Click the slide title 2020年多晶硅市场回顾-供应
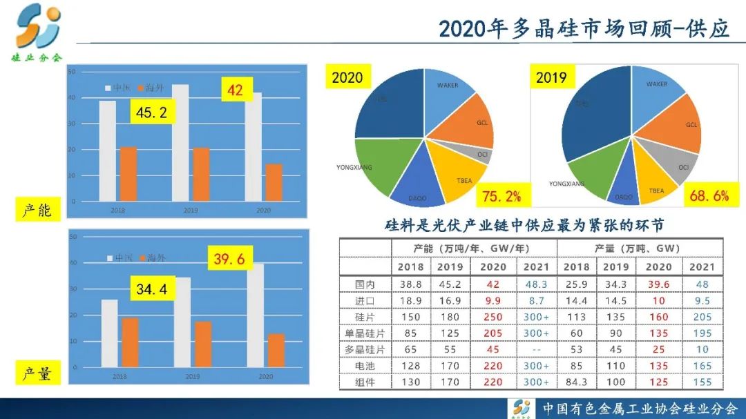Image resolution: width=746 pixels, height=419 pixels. [x=584, y=28]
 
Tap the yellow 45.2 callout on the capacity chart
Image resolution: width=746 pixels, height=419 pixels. [x=152, y=113]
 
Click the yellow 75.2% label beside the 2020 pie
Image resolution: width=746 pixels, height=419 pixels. [x=501, y=196]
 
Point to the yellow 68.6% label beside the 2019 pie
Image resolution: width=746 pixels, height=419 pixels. [x=709, y=195]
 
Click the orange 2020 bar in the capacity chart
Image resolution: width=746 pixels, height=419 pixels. [x=274, y=182]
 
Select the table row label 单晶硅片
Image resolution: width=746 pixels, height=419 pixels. [x=365, y=333]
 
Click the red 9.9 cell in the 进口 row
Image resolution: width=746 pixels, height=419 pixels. [x=493, y=300]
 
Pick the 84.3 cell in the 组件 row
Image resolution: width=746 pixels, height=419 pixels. [x=576, y=382]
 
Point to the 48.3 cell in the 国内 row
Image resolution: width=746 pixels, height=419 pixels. [x=537, y=283]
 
